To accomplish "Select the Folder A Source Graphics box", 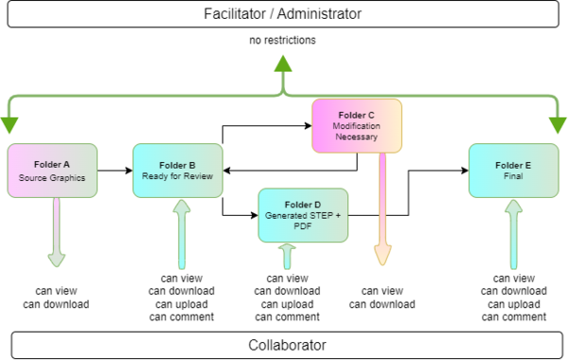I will click(x=52, y=171).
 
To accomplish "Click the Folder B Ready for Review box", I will click(x=177, y=171).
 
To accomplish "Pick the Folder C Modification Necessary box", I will click(x=357, y=124).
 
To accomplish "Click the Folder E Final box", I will click(x=513, y=171).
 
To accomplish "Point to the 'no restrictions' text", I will click(x=283, y=42).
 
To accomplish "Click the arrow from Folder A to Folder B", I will click(x=115, y=171).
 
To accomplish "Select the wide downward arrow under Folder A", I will click(x=56, y=232).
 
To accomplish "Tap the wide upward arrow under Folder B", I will click(x=181, y=232).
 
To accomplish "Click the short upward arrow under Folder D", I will click(x=287, y=255).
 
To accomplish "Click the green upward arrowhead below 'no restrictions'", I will click(x=283, y=63).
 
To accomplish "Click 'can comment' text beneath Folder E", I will click(x=514, y=316).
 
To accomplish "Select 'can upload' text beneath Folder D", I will click(x=287, y=303).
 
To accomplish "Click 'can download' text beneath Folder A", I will click(x=56, y=303).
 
